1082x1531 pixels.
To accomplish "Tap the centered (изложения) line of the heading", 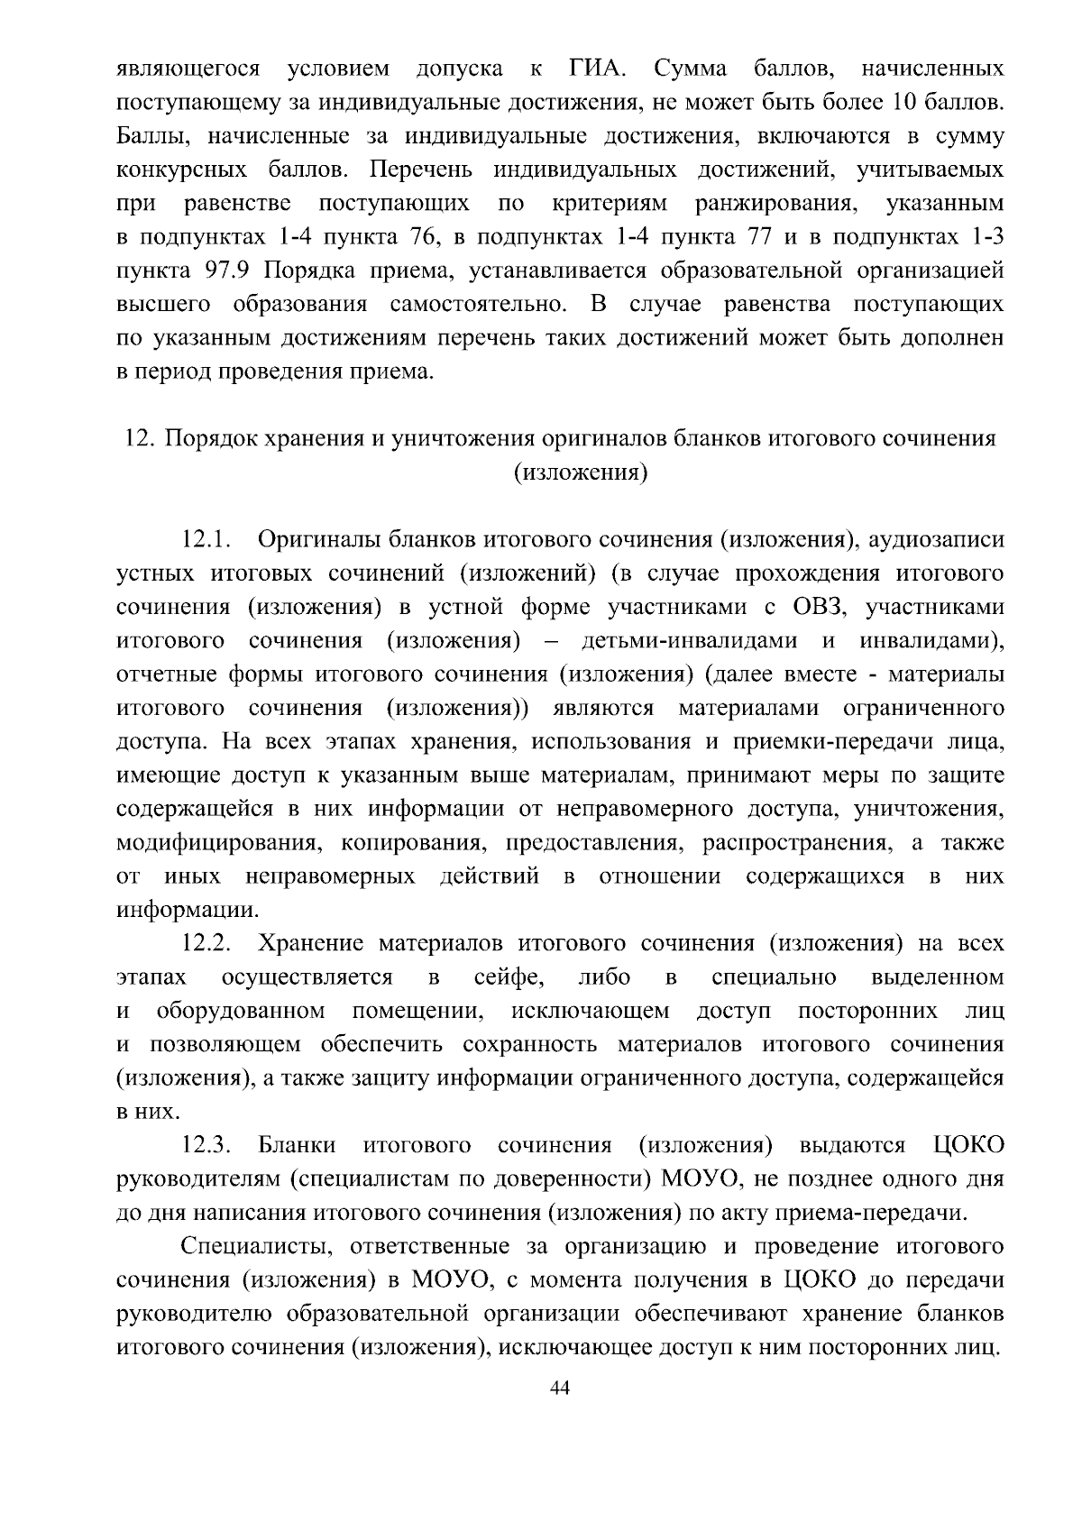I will point(581,472).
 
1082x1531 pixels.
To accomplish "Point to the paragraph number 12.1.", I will point(207,540).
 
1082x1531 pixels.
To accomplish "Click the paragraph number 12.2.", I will point(207,944).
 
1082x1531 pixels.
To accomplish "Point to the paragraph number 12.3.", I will point(207,1146).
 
